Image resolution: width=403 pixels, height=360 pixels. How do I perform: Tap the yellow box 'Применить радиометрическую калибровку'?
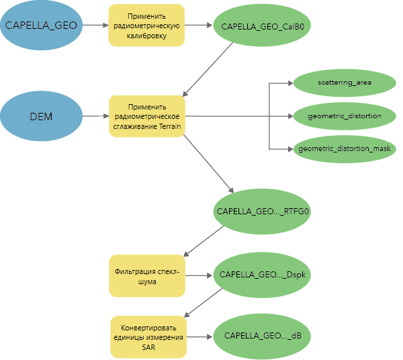[146, 26]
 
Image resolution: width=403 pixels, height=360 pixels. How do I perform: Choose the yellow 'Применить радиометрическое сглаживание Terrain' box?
[146, 116]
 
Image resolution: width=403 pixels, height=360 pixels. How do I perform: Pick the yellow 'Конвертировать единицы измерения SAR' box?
[146, 336]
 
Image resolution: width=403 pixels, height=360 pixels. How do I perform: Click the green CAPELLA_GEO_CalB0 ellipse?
[263, 26]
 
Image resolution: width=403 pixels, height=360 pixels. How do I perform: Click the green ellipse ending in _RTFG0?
[263, 210]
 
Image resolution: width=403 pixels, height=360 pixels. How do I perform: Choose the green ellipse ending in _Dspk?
[263, 275]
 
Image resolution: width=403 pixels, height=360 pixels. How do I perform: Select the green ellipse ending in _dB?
[262, 335]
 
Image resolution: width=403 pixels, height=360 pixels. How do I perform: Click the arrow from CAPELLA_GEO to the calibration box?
[96, 26]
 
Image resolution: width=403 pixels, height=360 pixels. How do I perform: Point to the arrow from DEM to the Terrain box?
[96, 116]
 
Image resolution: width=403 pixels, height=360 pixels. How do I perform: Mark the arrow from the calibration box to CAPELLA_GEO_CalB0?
[198, 26]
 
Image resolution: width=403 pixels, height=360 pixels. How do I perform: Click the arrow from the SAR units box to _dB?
[199, 335]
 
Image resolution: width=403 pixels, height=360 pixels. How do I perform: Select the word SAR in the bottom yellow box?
[147, 347]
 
